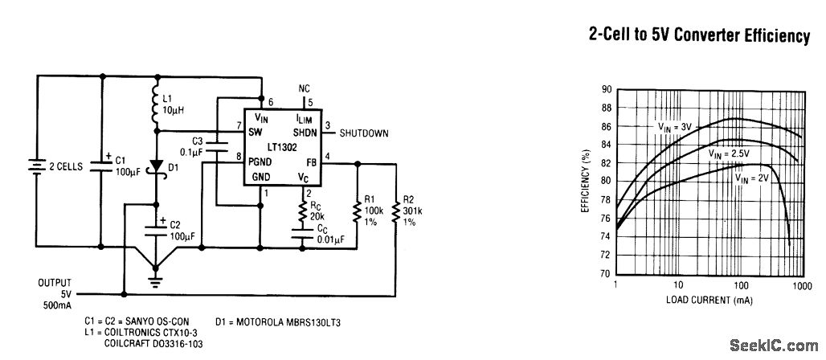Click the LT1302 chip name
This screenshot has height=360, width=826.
(282, 146)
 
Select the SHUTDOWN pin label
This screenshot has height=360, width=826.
(363, 133)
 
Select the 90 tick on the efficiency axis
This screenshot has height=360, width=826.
(607, 89)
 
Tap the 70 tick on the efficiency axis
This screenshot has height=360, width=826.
(607, 274)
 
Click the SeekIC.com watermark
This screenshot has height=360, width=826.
(771, 346)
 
